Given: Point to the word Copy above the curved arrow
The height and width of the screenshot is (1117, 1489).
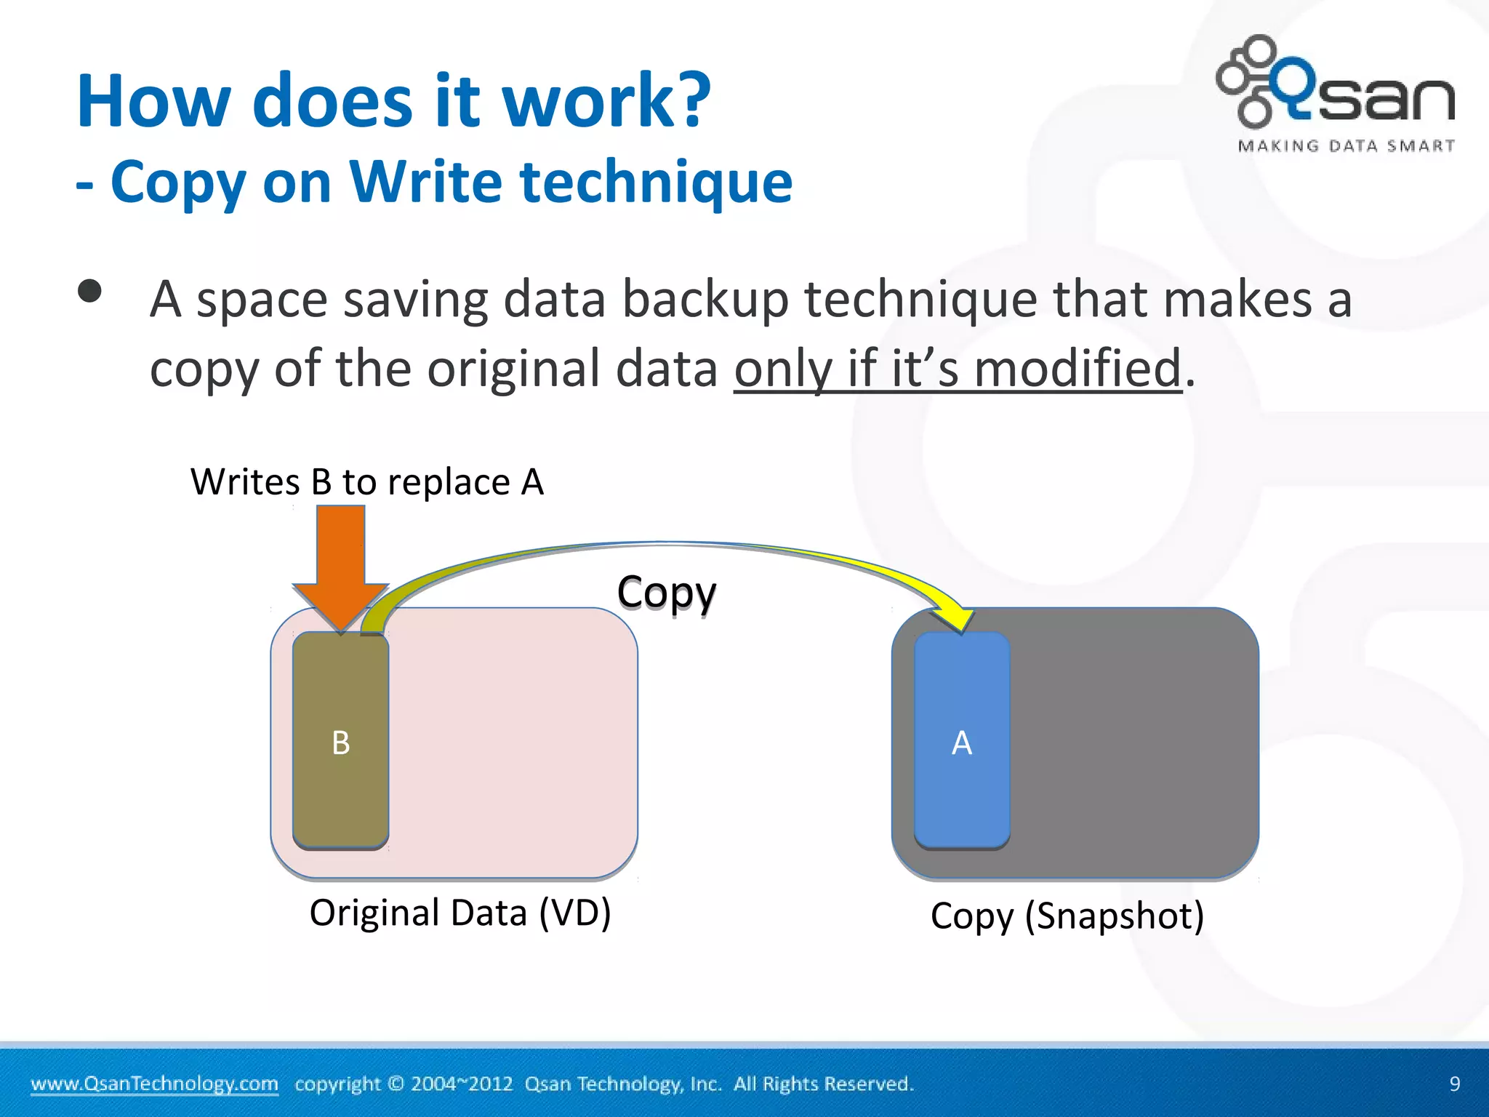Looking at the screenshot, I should (x=666, y=592).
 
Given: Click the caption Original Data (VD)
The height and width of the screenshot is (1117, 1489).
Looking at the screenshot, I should (x=459, y=913).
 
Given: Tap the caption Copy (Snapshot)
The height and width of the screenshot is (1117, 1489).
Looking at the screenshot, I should (x=1067, y=916).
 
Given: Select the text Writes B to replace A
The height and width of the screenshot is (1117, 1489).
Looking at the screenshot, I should (x=367, y=482).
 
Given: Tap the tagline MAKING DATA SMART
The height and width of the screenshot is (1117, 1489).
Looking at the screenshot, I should (x=1346, y=146).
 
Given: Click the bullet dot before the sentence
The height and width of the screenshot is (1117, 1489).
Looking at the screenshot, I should (x=89, y=292).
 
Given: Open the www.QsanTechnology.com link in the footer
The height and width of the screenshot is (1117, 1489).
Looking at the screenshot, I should (x=154, y=1084).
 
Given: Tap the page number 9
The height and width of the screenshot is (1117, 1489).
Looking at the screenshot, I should (x=1454, y=1084).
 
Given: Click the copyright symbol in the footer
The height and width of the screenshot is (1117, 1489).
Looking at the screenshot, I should (x=396, y=1084).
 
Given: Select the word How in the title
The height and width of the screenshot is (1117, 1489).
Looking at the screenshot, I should (x=154, y=101).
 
